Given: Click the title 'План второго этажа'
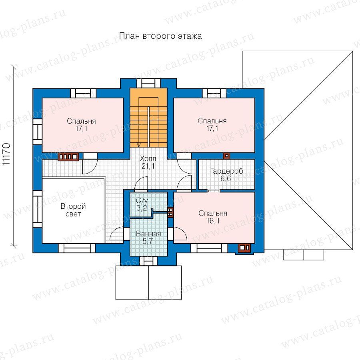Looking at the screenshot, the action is (x=160, y=36).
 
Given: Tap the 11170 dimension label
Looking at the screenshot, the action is (x=6, y=154).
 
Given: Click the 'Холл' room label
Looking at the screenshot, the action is (x=148, y=158).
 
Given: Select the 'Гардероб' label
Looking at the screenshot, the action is (x=227, y=171).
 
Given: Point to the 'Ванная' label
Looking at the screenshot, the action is (x=148, y=234).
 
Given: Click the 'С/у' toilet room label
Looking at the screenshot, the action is (x=142, y=201).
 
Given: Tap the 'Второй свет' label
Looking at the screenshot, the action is (x=73, y=210).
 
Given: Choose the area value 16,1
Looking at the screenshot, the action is (x=213, y=221).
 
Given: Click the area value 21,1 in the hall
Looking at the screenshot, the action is (x=148, y=166).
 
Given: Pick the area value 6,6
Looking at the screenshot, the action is (x=226, y=178).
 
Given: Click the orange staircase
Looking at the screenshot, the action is (x=148, y=118).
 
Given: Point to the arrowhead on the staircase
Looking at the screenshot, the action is (x=139, y=145).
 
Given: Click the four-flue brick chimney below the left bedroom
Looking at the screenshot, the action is (x=68, y=157).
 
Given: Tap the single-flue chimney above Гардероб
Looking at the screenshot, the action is (x=227, y=156).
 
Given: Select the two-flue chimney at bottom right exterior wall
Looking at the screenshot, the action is (x=244, y=248).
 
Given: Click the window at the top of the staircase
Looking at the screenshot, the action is (x=148, y=83).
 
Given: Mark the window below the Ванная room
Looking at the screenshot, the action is (x=148, y=261).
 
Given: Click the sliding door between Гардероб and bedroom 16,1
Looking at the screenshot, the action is (x=214, y=190).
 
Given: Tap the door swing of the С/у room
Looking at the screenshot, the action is (x=140, y=183).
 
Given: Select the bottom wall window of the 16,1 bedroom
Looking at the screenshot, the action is (x=209, y=248).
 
